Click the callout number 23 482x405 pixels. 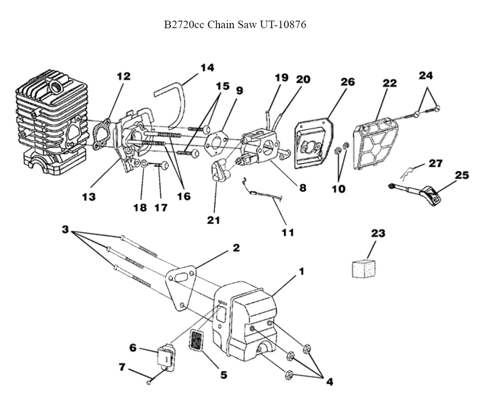click(x=378, y=234)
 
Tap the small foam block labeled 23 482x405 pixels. click(x=364, y=268)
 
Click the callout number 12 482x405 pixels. click(x=123, y=76)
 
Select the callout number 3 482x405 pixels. click(x=65, y=229)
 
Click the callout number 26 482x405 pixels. click(x=348, y=82)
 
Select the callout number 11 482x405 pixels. click(x=288, y=232)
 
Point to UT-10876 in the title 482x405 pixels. click(x=283, y=25)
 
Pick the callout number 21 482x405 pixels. click(x=214, y=220)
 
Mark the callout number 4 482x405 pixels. click(x=329, y=381)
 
